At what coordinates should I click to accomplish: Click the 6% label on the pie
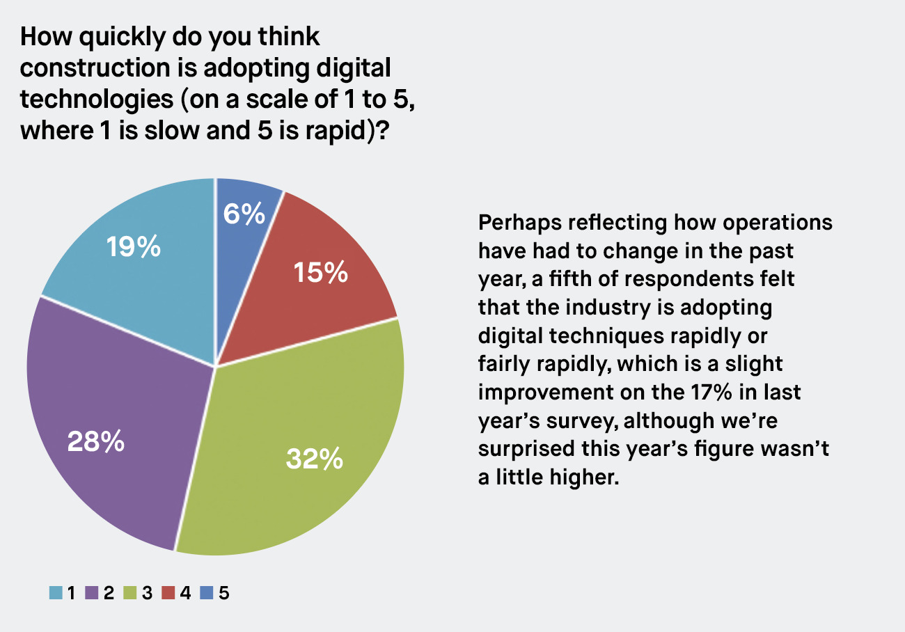pos(244,214)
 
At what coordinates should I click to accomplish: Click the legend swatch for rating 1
pos(55,593)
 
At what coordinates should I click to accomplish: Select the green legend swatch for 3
pos(129,593)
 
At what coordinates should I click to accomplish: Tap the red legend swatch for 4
pos(168,593)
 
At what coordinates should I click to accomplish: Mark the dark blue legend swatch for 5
pos(206,593)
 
